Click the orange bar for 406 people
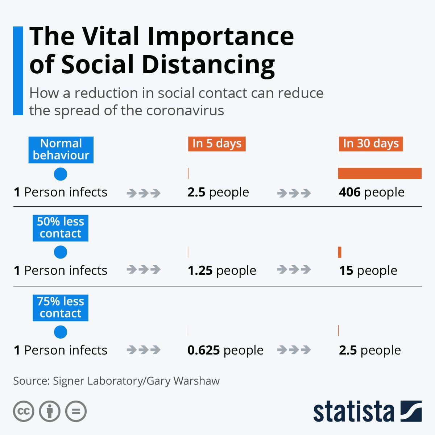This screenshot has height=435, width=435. (380, 173)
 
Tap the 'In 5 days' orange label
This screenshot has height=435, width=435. (217, 144)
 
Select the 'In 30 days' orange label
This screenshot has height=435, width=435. (371, 144)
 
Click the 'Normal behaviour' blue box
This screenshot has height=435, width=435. (61, 149)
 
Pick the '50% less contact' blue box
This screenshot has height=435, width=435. (61, 228)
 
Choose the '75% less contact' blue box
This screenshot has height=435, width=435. (61, 307)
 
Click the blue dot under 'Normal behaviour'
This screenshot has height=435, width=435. (61, 174)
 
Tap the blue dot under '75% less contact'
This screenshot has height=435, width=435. (61, 332)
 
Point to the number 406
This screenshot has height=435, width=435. (350, 192)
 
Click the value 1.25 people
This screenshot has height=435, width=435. (221, 270)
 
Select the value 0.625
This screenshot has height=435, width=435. (204, 350)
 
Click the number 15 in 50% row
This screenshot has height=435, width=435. (346, 270)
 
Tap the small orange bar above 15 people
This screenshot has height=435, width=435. (340, 252)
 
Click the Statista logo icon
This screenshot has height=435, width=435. (411, 411)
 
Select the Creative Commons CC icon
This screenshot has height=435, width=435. (24, 411)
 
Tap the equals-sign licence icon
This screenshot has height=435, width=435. (76, 411)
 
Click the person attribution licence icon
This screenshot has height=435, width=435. (50, 411)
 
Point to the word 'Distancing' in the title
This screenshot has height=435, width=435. (208, 65)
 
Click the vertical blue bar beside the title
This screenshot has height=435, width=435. (18, 71)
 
